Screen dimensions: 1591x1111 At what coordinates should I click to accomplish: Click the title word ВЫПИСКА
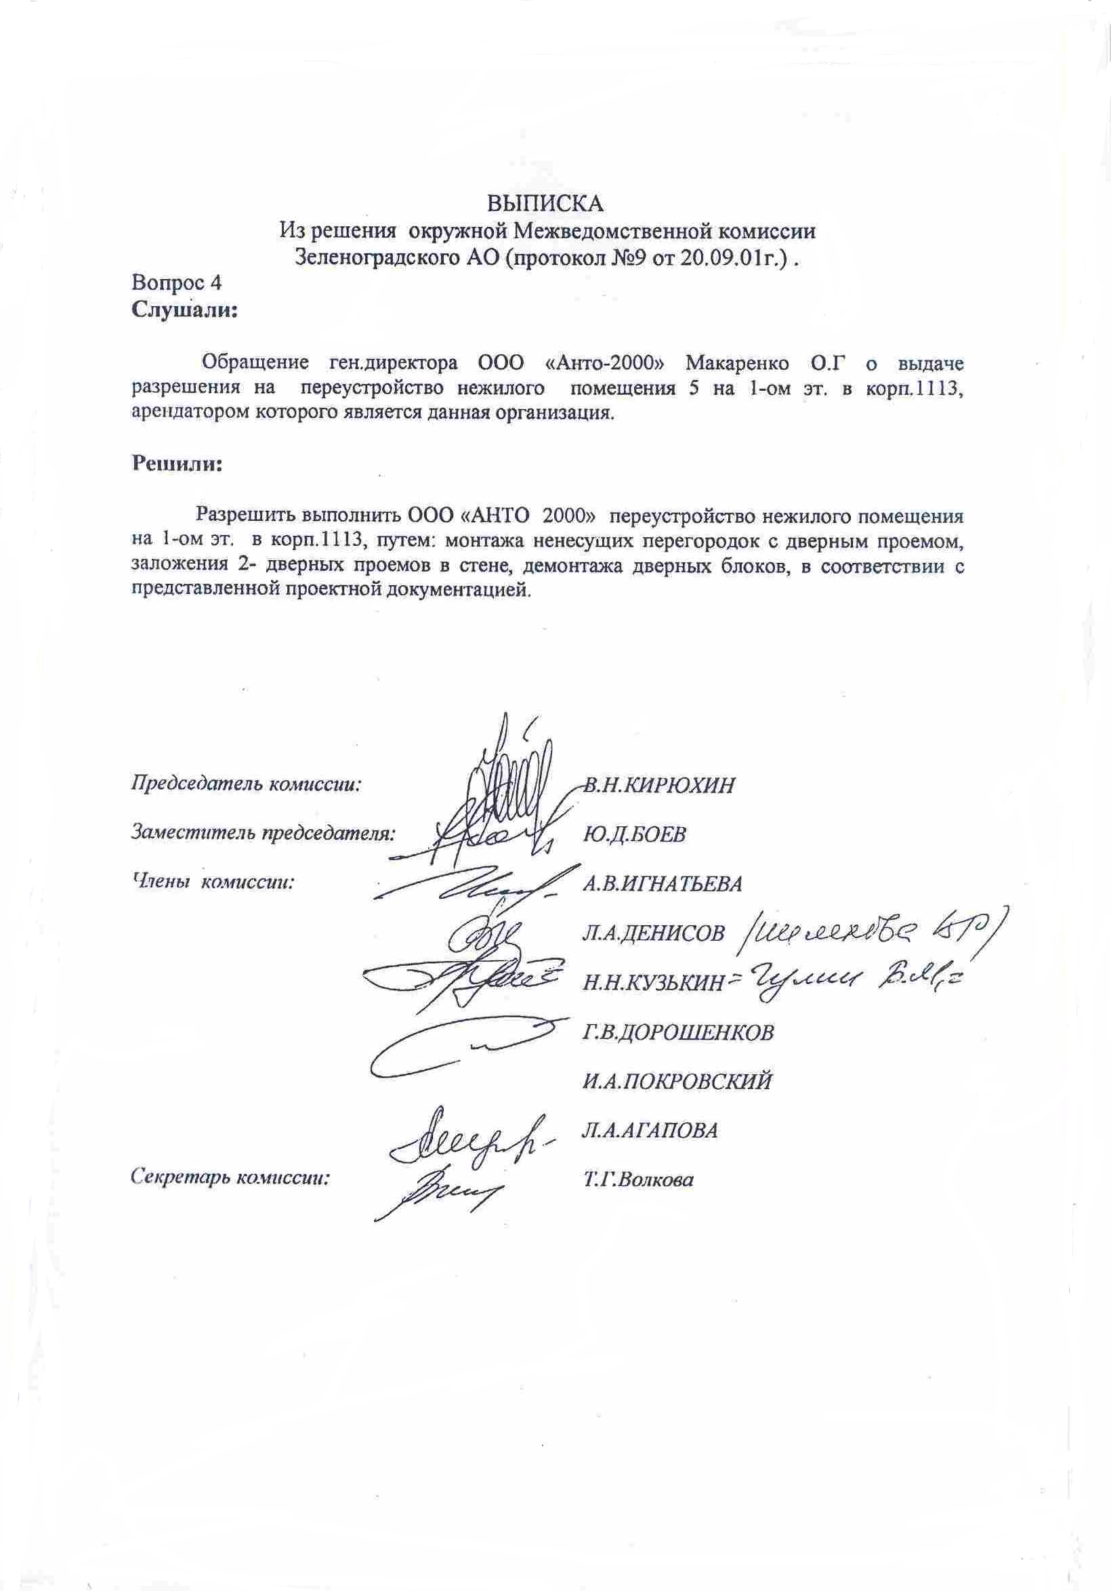pos(545,204)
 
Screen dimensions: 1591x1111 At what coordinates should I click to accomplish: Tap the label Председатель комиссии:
pos(247,784)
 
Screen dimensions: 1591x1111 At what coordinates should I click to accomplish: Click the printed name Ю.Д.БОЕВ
pos(634,834)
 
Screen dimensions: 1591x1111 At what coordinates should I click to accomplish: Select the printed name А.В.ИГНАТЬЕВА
pos(663,883)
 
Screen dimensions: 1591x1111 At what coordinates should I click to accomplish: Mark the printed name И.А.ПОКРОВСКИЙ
pos(677,1082)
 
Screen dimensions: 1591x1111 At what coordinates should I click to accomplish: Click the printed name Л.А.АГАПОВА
pos(650,1130)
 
